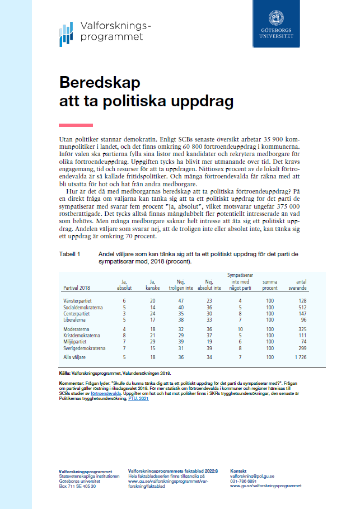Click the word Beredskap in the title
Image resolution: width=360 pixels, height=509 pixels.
point(100,83)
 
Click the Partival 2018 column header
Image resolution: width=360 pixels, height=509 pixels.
point(76,288)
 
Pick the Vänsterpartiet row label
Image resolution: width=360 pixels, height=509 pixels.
point(77,300)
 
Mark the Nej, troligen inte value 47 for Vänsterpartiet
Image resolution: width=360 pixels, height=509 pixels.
point(181,300)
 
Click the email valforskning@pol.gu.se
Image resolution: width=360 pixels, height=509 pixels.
point(252,476)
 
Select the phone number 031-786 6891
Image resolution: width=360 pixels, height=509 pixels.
point(244,481)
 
